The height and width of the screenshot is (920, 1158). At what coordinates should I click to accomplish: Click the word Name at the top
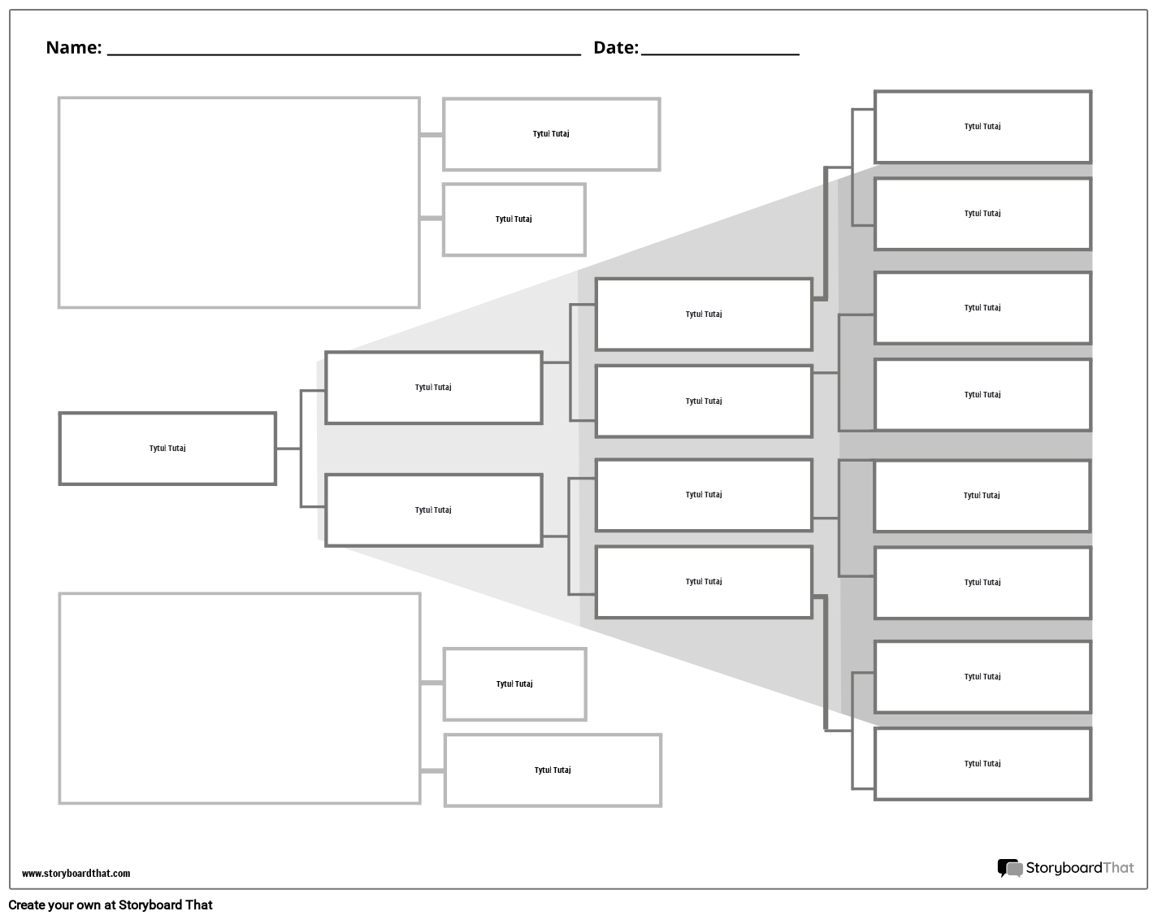pyautogui.click(x=72, y=47)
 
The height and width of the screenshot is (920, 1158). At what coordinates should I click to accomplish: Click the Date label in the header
pyautogui.click(x=615, y=47)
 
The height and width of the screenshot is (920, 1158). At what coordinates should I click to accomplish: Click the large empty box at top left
pyautogui.click(x=239, y=202)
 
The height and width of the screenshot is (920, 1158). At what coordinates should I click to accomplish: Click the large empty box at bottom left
pyautogui.click(x=240, y=698)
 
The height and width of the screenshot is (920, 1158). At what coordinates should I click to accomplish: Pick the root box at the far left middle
pyautogui.click(x=167, y=449)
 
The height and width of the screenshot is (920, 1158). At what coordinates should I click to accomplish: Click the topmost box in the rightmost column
pyautogui.click(x=982, y=127)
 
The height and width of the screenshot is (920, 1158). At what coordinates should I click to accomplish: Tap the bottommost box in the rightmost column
pyautogui.click(x=982, y=764)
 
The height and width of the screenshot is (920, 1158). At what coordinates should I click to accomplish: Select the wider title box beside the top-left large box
pyautogui.click(x=551, y=134)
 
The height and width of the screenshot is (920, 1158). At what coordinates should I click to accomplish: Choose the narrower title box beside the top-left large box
pyautogui.click(x=514, y=219)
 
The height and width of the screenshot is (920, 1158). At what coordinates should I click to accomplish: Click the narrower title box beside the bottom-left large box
pyautogui.click(x=514, y=684)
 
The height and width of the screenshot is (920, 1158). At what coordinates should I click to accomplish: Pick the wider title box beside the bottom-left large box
pyautogui.click(x=553, y=770)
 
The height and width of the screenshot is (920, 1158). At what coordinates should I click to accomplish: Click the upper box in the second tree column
pyautogui.click(x=433, y=388)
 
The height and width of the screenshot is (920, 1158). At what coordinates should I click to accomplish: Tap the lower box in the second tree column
pyautogui.click(x=433, y=510)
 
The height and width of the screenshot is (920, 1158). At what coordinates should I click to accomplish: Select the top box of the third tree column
pyautogui.click(x=703, y=315)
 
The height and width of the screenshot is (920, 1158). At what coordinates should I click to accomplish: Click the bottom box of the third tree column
pyautogui.click(x=703, y=582)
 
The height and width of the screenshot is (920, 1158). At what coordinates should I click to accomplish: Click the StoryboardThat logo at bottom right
pyautogui.click(x=1065, y=868)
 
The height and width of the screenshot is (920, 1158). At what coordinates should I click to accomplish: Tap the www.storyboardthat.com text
pyautogui.click(x=76, y=874)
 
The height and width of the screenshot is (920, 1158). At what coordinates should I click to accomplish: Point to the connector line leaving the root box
pyautogui.click(x=288, y=448)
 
